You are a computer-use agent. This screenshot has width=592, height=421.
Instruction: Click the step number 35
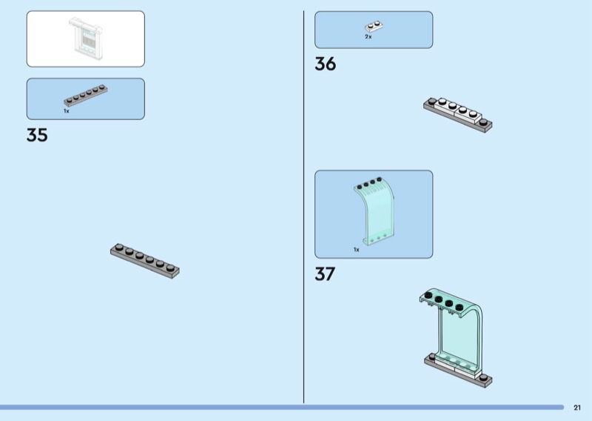pyautogui.click(x=37, y=135)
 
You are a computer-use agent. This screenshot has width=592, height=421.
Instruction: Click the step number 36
pyautogui.click(x=325, y=64)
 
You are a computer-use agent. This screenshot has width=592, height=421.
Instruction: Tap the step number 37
pyautogui.click(x=325, y=274)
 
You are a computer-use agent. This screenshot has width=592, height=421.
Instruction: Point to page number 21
pyautogui.click(x=577, y=408)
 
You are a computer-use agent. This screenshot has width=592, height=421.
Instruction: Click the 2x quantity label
pyautogui.click(x=368, y=37)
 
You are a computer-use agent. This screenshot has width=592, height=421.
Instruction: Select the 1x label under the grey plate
pyautogui.click(x=67, y=111)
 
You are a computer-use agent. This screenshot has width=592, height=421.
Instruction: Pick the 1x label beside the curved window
pyautogui.click(x=357, y=250)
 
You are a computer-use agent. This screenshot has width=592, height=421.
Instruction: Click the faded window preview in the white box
pyautogui.click(x=86, y=39)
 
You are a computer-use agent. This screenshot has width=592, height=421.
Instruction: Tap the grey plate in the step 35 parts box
pyautogui.click(x=86, y=96)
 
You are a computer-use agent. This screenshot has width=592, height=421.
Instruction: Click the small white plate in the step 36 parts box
pyautogui.click(x=374, y=26)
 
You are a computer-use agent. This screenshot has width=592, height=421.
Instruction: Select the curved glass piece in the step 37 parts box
pyautogui.click(x=374, y=211)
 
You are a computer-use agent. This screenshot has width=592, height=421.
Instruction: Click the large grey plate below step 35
pyautogui.click(x=145, y=261)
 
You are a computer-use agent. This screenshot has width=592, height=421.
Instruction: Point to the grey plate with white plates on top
pyautogui.click(x=457, y=115)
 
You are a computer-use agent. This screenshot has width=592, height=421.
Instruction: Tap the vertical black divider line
pyautogui.click(x=303, y=207)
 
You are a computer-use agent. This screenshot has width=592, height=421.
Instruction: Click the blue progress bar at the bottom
pyautogui.click(x=282, y=408)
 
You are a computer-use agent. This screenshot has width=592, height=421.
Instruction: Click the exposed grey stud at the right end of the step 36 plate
pyautogui.click(x=483, y=122)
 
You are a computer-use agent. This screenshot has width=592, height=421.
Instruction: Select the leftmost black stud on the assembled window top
pyautogui.click(x=428, y=295)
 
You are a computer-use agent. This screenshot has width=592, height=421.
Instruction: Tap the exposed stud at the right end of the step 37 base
pyautogui.click(x=483, y=377)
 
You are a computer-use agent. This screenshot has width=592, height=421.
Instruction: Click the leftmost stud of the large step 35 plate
pyautogui.click(x=119, y=247)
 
